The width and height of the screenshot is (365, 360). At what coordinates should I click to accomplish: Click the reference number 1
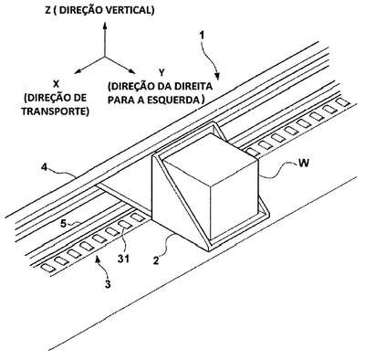point(202,35)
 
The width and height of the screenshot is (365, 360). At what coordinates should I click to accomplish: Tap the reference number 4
point(45,167)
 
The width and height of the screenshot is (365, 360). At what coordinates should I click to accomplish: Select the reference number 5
point(63,224)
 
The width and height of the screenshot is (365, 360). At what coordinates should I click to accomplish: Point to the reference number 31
point(123,259)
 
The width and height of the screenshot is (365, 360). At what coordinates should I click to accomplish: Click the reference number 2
point(156,260)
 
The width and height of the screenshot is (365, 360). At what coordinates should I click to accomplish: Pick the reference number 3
point(108,284)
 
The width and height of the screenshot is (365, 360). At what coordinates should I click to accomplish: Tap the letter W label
point(303,163)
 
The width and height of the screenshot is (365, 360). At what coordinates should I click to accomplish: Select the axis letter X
point(56,83)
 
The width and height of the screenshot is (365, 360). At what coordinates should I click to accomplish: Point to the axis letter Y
point(162,72)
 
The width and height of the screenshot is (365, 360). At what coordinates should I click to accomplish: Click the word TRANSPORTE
point(56,111)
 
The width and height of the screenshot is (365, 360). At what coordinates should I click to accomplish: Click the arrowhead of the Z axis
point(105,25)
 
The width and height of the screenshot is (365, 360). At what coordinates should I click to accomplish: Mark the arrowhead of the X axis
point(78,71)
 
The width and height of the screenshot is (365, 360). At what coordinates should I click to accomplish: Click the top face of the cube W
point(210,158)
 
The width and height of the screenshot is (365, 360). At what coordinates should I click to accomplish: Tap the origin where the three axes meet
point(105,57)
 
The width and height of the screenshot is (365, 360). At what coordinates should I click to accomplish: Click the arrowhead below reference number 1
point(217,77)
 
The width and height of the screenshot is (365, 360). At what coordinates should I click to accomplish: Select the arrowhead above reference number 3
point(98,259)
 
